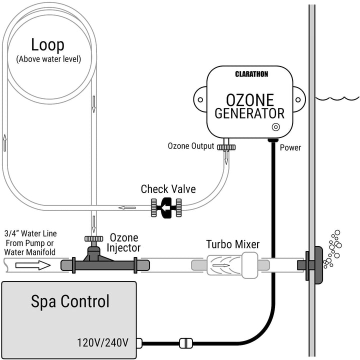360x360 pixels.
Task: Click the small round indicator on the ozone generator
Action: [274, 126]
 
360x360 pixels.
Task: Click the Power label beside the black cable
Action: [290, 148]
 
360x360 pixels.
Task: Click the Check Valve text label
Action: [168, 189]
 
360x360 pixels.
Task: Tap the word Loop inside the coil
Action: [47, 45]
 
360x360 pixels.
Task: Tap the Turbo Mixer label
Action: [232, 244]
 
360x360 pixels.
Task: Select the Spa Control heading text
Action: [70, 301]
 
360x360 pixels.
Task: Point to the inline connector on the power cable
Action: [184, 343]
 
